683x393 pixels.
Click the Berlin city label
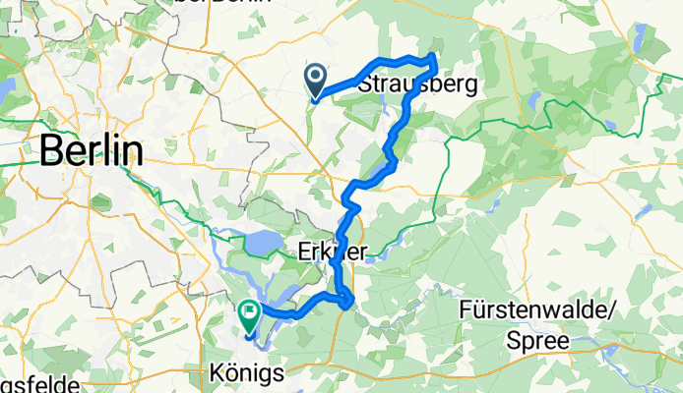click(90, 151)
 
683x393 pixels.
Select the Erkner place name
click(332, 253)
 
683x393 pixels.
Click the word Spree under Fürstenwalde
click(538, 341)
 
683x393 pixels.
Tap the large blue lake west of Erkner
click(262, 242)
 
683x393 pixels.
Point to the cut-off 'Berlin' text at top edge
click(222, 3)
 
